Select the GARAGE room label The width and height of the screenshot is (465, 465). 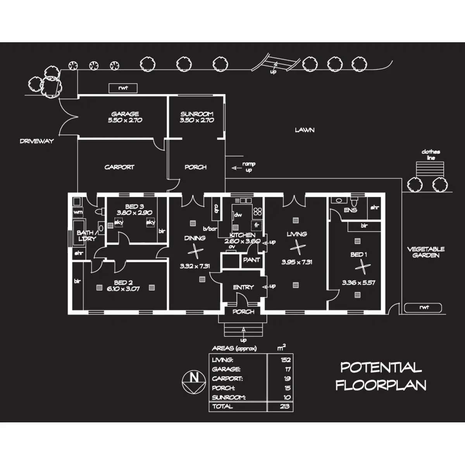point(125,114)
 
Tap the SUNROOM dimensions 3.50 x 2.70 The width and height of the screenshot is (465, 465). point(197,121)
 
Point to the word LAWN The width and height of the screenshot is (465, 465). point(305,130)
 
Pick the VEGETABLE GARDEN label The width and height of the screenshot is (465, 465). point(425,252)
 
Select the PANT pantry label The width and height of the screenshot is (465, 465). point(251,260)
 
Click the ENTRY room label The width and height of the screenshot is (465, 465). point(243,287)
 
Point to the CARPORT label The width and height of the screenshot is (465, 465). point(119,167)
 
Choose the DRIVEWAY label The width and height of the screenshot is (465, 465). point(37,141)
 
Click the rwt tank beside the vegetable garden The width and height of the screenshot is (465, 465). point(423,308)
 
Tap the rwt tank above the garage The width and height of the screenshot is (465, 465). point(123,88)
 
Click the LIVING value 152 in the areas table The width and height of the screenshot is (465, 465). point(286,360)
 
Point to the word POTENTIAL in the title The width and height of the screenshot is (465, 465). point(381,367)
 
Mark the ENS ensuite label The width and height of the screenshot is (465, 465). point(350,210)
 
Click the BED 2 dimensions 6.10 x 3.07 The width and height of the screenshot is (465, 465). point(123,289)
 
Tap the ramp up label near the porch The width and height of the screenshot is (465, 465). point(248,167)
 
